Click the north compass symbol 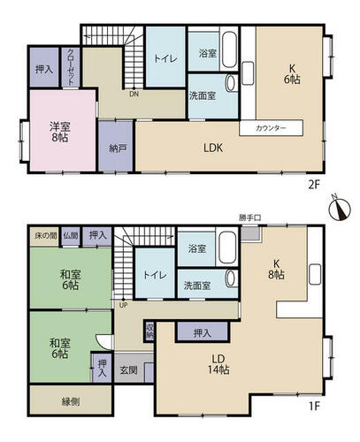[x=340, y=209]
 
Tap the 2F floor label [x=314, y=185]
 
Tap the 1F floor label [x=315, y=407]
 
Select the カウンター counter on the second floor [x=271, y=128]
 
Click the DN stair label [x=134, y=95]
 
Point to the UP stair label [x=123, y=306]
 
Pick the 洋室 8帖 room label [x=60, y=133]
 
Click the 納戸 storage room [x=116, y=146]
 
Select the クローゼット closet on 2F [x=71, y=67]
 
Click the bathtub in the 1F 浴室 [x=227, y=249]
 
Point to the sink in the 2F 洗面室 [x=231, y=83]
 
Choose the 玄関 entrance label [x=129, y=370]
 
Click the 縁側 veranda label [x=71, y=401]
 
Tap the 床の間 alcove [x=46, y=236]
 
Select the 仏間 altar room [x=71, y=236]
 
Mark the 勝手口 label [x=250, y=217]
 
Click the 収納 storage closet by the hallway [x=149, y=331]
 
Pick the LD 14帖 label [x=218, y=364]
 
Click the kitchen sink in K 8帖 [x=315, y=274]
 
